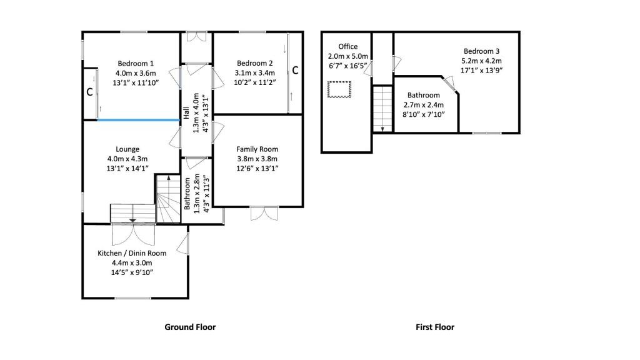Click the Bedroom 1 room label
[x=136, y=63]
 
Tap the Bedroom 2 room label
[x=254, y=63]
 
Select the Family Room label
[x=257, y=149]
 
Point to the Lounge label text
[x=127, y=149]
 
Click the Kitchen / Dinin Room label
[x=132, y=253]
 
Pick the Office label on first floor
[x=348, y=47]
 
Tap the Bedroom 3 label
[x=481, y=51]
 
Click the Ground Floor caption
[x=190, y=327]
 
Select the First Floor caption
[x=435, y=327]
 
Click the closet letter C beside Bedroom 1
[x=89, y=92]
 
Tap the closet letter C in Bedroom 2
[x=295, y=71]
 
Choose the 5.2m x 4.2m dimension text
[x=481, y=61]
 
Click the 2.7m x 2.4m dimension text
[x=424, y=105]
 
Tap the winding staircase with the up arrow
[x=167, y=199]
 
